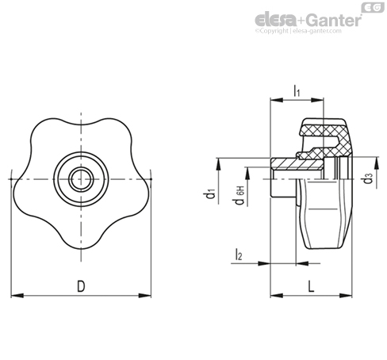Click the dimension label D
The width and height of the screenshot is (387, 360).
(x=81, y=286)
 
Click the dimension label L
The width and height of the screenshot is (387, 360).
(x=312, y=286)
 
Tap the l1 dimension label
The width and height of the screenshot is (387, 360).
(x=297, y=90)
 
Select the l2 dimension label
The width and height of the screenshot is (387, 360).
(x=239, y=255)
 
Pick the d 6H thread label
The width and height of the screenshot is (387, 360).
(x=239, y=195)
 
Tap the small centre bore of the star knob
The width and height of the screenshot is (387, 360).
(x=81, y=179)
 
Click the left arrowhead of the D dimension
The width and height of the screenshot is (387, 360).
(x=17, y=296)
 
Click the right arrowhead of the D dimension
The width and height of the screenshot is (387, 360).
(x=145, y=296)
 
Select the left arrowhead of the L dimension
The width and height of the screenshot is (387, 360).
(x=277, y=296)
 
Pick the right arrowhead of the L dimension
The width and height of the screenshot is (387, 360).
(x=346, y=296)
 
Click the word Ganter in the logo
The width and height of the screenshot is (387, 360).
(x=335, y=20)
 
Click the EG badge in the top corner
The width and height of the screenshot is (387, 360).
(x=373, y=7)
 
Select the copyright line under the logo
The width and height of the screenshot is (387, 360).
(x=298, y=31)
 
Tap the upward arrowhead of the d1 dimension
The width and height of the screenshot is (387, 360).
(x=219, y=164)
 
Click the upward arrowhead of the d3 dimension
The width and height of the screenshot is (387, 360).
(x=376, y=163)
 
